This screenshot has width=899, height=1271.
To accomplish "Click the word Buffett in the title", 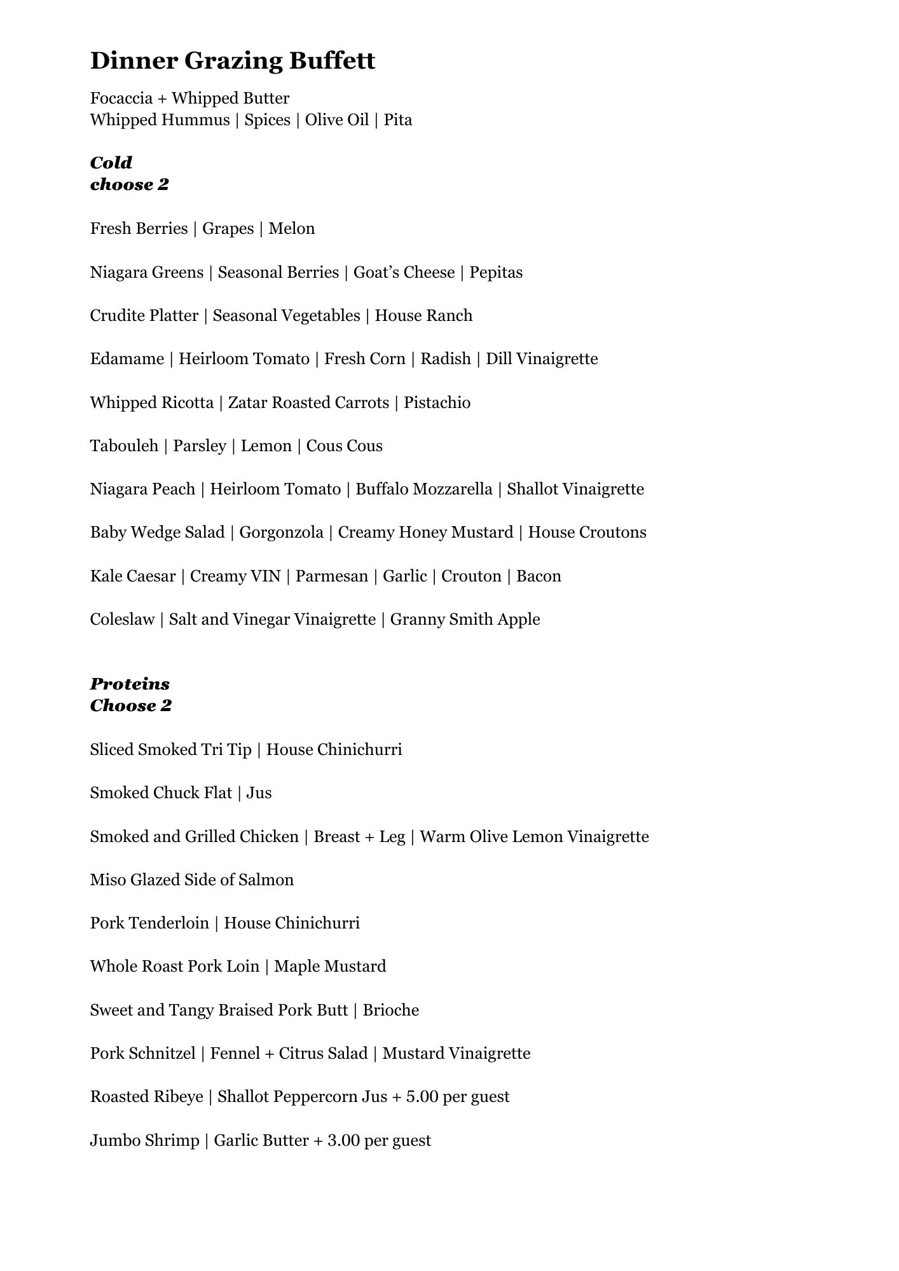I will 333,61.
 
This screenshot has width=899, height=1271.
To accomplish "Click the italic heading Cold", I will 111,163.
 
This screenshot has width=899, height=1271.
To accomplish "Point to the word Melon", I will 292,229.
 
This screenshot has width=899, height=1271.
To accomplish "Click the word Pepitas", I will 496,273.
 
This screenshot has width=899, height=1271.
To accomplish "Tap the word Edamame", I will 127,359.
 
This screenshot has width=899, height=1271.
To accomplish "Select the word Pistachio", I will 437,403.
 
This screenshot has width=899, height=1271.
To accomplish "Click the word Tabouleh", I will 124,446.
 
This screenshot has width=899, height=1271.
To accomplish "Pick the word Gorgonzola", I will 281,533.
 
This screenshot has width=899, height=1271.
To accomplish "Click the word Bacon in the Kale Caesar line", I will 539,576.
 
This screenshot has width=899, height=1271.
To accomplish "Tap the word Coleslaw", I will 122,620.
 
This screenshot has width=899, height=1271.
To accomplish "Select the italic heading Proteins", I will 130,684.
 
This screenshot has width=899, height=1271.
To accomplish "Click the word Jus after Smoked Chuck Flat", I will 259,793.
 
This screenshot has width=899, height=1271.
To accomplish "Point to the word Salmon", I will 266,880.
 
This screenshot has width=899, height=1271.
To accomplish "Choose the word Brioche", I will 391,1010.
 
